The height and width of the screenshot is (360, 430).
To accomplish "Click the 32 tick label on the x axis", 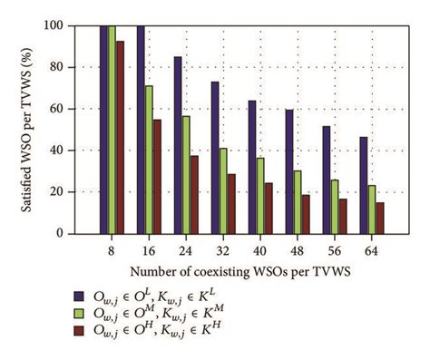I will coord(223,248).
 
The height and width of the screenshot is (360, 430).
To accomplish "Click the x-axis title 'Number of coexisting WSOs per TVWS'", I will coord(226,272).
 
